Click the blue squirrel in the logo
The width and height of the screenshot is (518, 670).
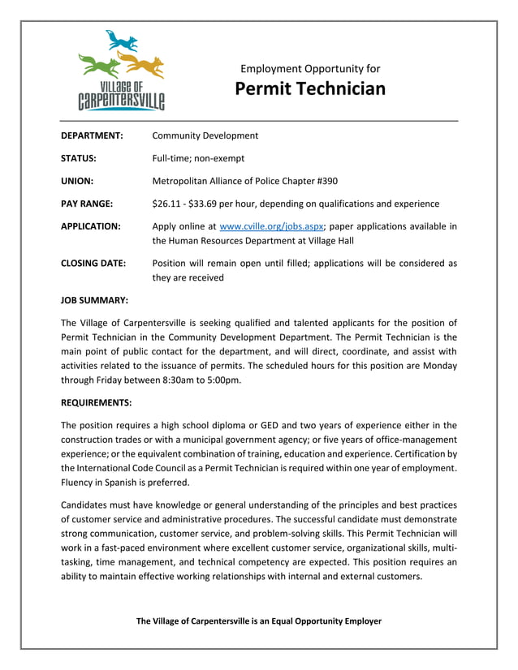pos(121,41)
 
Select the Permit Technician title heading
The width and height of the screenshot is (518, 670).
pos(310,88)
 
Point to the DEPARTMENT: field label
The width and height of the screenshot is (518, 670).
pos(92,135)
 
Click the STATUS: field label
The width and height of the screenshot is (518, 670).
pos(79,158)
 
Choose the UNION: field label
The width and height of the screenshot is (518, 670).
pos(77,181)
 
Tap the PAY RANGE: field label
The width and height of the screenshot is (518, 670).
pos(87,204)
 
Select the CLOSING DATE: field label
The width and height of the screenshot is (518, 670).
pos(93,263)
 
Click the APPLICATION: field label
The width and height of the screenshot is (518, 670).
pos(91,225)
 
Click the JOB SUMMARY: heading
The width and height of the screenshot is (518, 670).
pos(94,299)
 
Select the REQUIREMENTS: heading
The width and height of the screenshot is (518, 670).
pos(97,402)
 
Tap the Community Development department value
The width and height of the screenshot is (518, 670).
pos(205,135)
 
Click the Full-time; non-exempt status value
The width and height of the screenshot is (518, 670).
pos(198,158)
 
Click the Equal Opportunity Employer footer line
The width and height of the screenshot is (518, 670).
pos(258,621)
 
